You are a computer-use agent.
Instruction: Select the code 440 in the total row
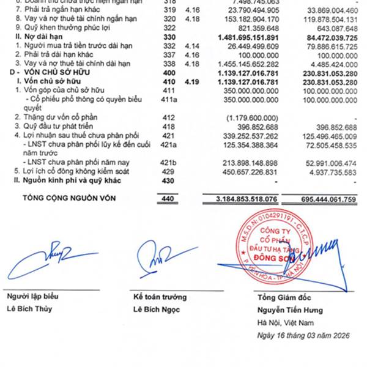coord(166,199)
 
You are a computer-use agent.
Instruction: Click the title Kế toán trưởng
coord(160,297)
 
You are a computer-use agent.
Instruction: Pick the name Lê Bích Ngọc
coord(155,309)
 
